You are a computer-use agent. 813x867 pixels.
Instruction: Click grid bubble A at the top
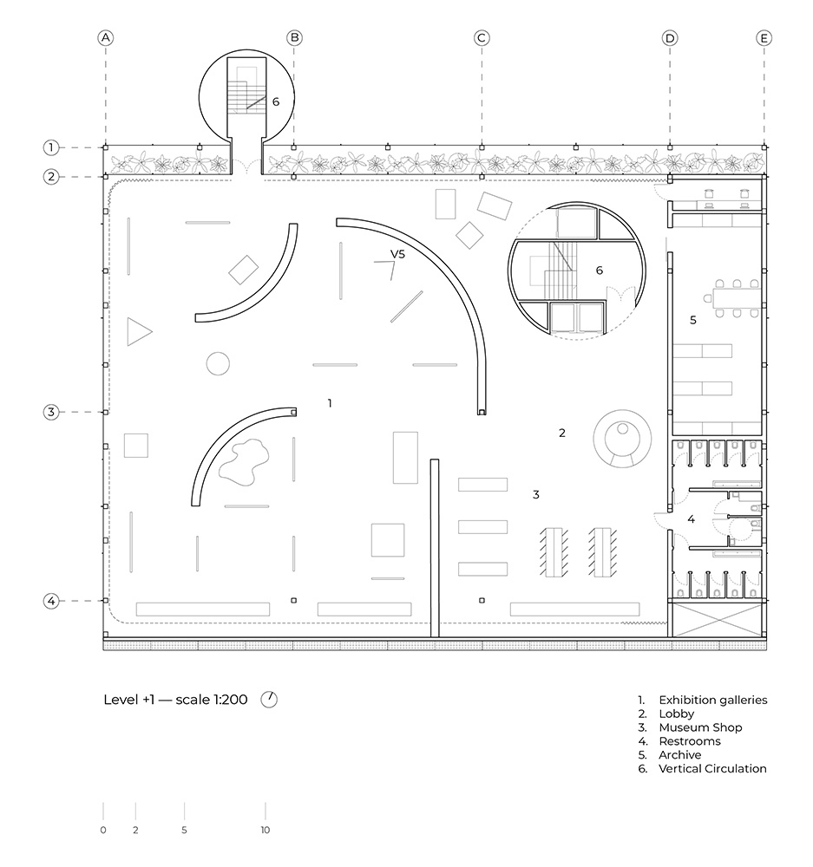point(105,38)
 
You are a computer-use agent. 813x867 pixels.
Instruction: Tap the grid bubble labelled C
point(482,38)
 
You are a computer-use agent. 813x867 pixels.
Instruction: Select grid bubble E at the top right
point(764,38)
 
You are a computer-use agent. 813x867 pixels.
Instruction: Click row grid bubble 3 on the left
point(51,412)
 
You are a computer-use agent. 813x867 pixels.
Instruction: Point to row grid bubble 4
point(51,601)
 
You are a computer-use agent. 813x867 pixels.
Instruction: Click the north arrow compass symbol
point(269,700)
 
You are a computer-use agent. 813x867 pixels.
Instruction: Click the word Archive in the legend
point(679,755)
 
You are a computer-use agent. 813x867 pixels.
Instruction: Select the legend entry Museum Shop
point(700,727)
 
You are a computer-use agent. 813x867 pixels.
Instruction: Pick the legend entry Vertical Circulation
point(712,768)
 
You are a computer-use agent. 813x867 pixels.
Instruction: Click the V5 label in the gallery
point(397,254)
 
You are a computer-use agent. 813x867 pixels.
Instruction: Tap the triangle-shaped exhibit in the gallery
point(137,332)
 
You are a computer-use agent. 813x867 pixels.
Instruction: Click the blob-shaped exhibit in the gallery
point(244,462)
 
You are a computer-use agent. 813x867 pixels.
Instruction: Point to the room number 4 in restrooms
point(691,519)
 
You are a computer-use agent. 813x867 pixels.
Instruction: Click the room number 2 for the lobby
point(561,433)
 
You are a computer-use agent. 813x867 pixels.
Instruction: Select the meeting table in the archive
point(737,299)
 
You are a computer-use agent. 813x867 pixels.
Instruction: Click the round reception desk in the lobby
point(622,439)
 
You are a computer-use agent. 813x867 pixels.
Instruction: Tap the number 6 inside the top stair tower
point(276,101)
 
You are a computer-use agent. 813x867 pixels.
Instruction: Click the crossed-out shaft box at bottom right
point(718,620)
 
